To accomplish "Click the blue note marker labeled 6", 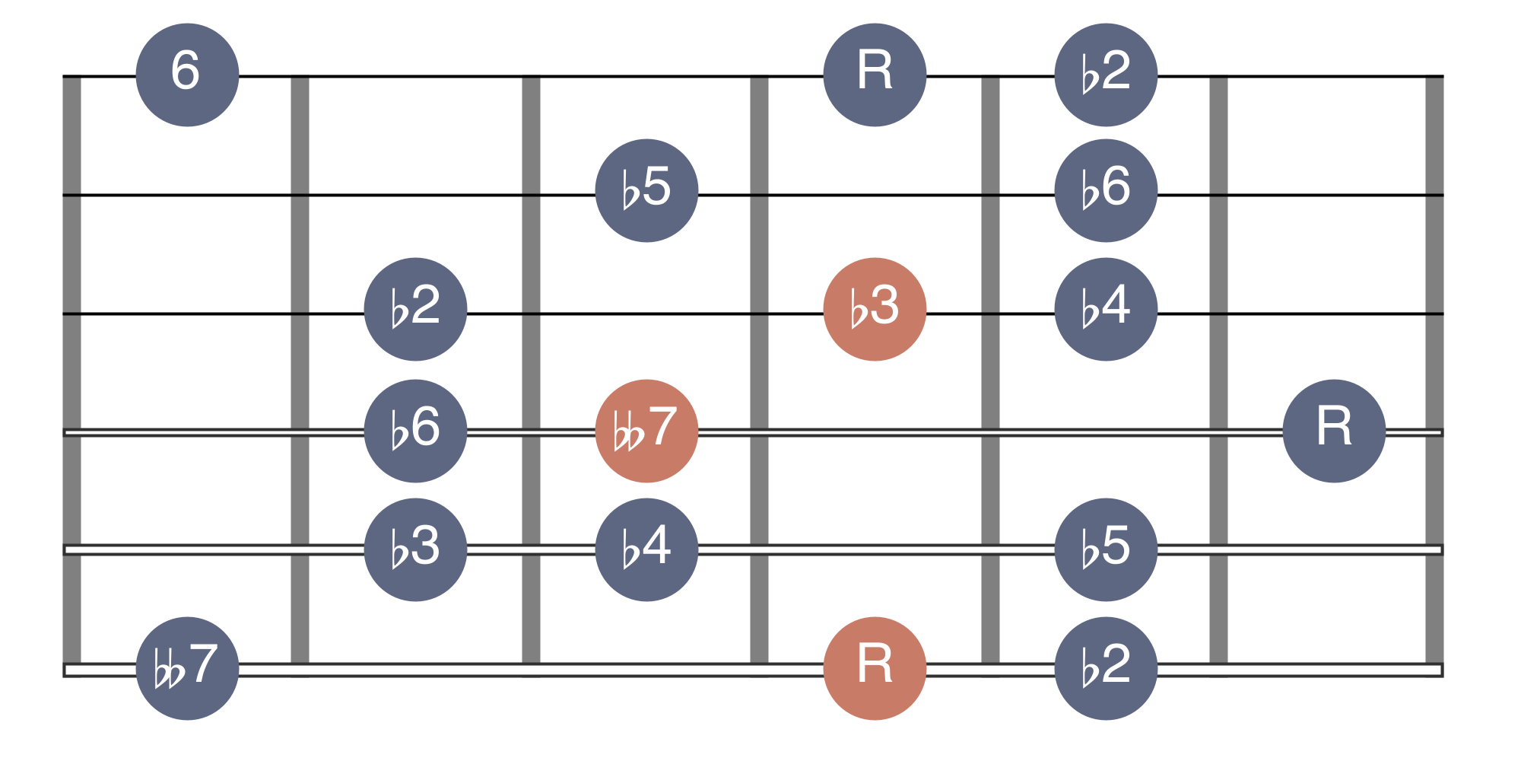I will coord(187,75).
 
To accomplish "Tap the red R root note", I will coord(875,668).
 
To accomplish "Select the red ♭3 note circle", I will coord(875,309).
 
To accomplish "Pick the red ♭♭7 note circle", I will coord(646,431).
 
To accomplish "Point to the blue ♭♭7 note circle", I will coord(187,668).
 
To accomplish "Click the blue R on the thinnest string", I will coord(875,75).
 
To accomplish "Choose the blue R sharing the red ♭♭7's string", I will coord(1334,431).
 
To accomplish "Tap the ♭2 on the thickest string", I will coord(1106,668).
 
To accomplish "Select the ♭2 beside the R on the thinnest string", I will coord(1106,75).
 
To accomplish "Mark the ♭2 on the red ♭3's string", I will coord(415,309).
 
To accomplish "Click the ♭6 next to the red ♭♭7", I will coord(415,431).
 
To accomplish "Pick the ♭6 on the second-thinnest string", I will coord(1106,190).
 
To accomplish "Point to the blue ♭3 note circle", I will coord(415,549).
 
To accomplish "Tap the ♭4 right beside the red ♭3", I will coord(1106,309).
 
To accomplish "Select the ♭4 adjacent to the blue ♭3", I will coord(646,549).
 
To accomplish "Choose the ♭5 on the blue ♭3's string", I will coord(1106,549).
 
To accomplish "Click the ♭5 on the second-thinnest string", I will coord(646,190).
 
